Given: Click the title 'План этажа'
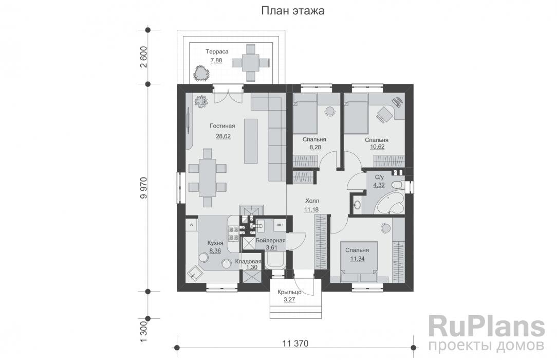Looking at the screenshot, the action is pyautogui.click(x=293, y=11).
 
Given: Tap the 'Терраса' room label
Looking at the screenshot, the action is pyautogui.click(x=217, y=51).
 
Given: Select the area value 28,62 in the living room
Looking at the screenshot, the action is pyautogui.click(x=223, y=136).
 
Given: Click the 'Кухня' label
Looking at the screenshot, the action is pyautogui.click(x=215, y=243).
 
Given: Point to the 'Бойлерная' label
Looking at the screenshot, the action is pyautogui.click(x=271, y=241).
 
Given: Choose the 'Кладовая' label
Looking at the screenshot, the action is pyautogui.click(x=248, y=262).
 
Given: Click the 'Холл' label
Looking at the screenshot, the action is pyautogui.click(x=311, y=201).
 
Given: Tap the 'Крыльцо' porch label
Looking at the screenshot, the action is pyautogui.click(x=289, y=292).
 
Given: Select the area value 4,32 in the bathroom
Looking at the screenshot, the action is pyautogui.click(x=379, y=185).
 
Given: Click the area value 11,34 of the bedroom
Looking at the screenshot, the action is pyautogui.click(x=357, y=259).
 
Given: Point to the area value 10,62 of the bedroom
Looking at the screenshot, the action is pyautogui.click(x=377, y=147).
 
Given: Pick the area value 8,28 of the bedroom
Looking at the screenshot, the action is pyautogui.click(x=314, y=147).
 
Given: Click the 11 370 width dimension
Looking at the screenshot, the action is pyautogui.click(x=295, y=344).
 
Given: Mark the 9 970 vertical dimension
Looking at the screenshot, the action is pyautogui.click(x=144, y=188).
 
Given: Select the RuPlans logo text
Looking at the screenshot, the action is pyautogui.click(x=487, y=326).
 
